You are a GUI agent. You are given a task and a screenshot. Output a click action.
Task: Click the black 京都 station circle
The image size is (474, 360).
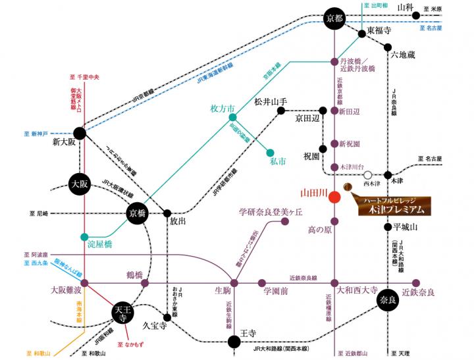(x=334, y=18)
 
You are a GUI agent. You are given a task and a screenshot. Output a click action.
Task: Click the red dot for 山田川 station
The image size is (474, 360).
(x=334, y=195)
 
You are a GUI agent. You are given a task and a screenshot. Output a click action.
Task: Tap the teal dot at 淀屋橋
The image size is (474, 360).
(x=84, y=236)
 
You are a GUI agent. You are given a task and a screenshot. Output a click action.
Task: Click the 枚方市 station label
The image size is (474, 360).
(x=222, y=107)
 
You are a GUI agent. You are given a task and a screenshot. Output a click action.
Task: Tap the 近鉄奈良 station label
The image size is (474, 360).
(x=419, y=292)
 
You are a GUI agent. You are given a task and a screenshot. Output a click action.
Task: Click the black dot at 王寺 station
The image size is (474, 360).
(x=233, y=341)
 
